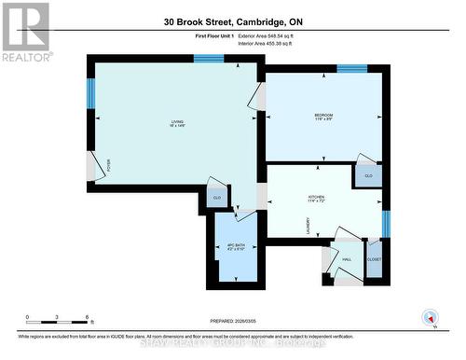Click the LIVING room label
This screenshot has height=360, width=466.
176,124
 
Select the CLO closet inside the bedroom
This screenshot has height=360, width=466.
367,175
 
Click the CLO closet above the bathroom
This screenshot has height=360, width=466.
217,198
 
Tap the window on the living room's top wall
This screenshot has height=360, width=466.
209,59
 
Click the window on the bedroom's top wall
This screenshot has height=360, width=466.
350,68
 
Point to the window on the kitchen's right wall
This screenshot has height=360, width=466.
386,224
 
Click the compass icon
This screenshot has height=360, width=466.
430,316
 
